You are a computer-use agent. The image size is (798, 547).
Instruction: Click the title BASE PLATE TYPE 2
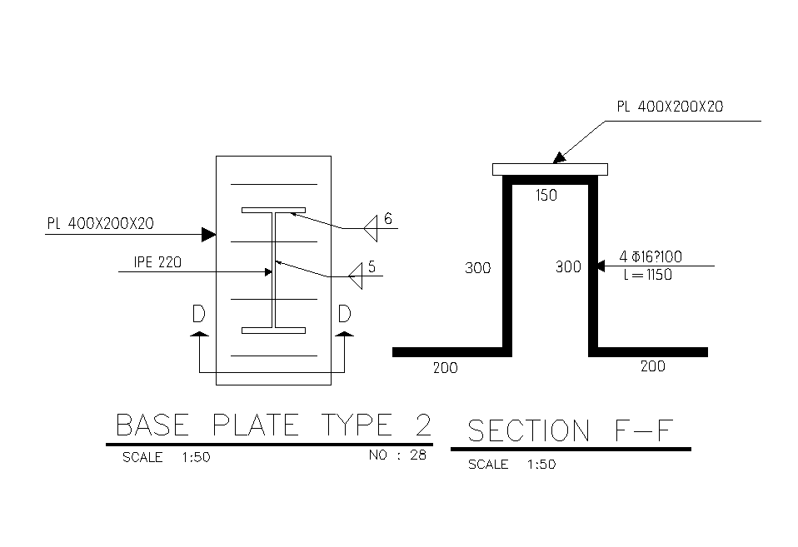(x=273, y=425)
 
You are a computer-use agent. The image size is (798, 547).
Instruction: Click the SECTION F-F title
(x=570, y=431)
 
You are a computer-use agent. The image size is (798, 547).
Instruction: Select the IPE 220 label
(x=157, y=262)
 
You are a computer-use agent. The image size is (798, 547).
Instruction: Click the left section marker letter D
(x=199, y=314)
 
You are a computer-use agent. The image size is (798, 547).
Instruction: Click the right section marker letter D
(x=344, y=314)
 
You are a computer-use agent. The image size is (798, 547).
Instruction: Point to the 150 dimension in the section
(x=546, y=196)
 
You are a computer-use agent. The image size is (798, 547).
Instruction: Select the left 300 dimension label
(x=477, y=268)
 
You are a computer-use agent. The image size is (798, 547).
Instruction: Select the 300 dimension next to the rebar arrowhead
(x=568, y=267)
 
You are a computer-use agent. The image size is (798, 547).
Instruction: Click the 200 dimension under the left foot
(x=445, y=368)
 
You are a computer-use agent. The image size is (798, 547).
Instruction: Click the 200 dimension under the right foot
(x=652, y=366)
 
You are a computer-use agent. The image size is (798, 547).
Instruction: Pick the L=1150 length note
(x=647, y=276)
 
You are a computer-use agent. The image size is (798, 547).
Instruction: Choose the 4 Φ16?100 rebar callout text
(x=651, y=258)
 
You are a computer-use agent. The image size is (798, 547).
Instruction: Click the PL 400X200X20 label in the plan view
(x=100, y=223)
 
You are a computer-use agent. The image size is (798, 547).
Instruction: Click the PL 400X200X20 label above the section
(x=670, y=107)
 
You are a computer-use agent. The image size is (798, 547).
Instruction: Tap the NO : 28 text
(x=397, y=455)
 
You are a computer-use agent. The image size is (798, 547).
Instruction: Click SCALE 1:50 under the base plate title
(x=166, y=457)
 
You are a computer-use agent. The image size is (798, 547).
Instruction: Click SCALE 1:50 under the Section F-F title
(x=511, y=465)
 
